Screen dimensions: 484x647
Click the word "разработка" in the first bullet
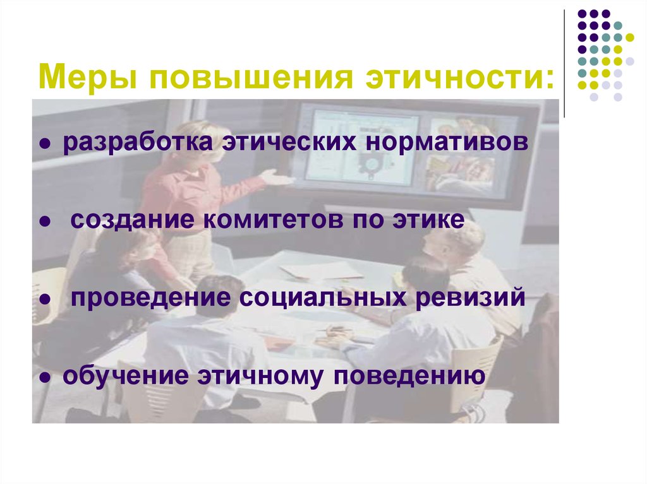136,143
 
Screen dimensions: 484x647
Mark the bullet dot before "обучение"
45,379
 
